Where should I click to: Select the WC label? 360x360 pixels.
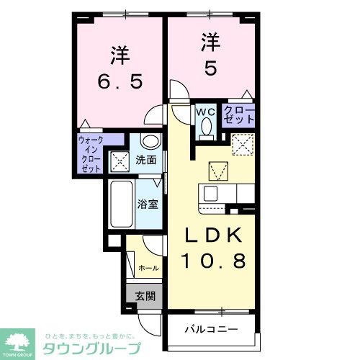point(207,112)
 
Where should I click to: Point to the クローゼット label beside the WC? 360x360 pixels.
point(238,117)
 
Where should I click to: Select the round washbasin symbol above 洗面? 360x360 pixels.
point(150,140)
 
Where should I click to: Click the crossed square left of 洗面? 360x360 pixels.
point(119,161)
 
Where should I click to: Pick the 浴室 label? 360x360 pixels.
point(149,204)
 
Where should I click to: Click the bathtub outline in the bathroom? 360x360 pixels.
point(121,204)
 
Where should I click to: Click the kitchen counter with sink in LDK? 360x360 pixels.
point(228,194)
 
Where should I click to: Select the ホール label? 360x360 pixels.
point(148,268)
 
